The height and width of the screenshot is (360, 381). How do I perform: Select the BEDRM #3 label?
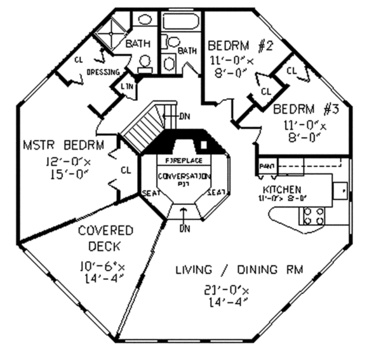[x=306, y=109]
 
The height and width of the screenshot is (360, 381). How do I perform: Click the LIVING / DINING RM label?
[x=239, y=270]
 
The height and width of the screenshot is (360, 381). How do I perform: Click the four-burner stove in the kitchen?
[x=312, y=217]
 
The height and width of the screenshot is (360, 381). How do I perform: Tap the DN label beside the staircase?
[x=185, y=116]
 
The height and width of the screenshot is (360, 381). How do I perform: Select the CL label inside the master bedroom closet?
[x=125, y=170]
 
